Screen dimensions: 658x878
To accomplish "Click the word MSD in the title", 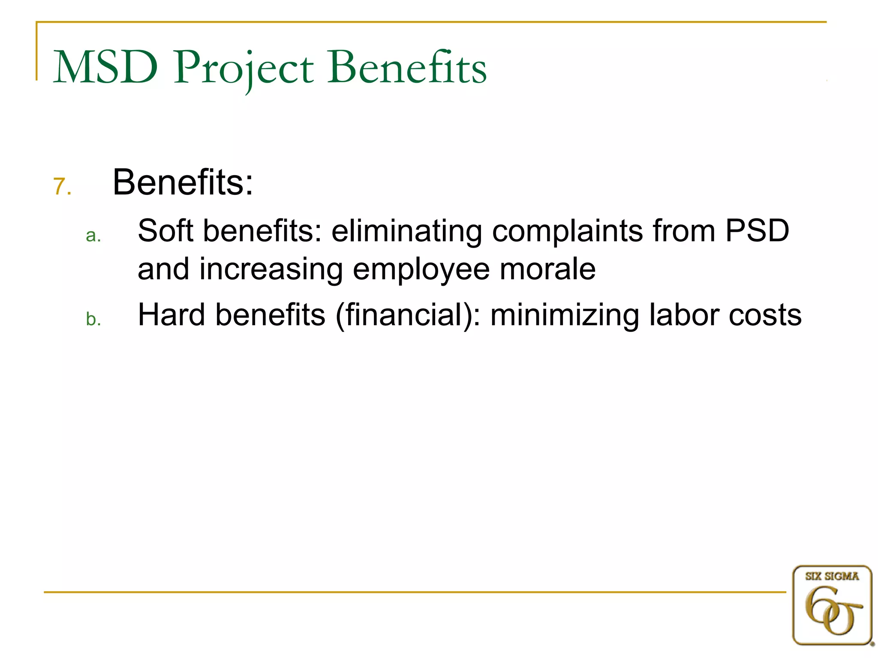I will [105, 68].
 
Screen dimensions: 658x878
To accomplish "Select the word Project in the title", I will [243, 69].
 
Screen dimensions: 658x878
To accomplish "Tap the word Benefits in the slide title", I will [407, 68].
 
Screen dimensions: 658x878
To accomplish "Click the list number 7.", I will [62, 187].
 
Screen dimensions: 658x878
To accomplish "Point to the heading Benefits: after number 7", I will [183, 182].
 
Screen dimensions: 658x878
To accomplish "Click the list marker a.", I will [93, 236].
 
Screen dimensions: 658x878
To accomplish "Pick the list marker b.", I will [93, 320].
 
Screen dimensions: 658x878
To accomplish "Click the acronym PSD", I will [757, 231].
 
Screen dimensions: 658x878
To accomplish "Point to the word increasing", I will [271, 270].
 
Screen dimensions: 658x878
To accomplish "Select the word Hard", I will [171, 315].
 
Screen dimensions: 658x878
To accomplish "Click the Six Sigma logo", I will [832, 604].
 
